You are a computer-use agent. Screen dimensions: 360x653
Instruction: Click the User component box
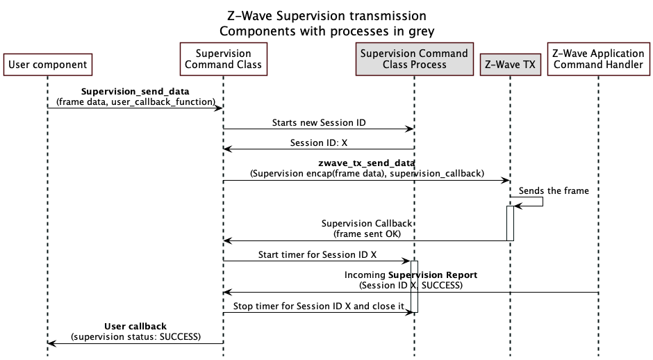(48, 65)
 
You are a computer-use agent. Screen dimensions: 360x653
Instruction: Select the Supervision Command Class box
(223, 59)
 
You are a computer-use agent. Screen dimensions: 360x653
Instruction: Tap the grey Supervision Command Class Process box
(414, 59)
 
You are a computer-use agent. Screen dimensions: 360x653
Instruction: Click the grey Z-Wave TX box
(509, 65)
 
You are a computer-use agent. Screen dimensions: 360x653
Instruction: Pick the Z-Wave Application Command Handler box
(597, 59)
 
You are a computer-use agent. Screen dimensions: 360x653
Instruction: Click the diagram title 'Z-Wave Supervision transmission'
(326, 15)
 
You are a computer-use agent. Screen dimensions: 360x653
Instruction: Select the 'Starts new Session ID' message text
(318, 123)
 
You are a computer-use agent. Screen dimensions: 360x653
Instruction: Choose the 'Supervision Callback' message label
(367, 224)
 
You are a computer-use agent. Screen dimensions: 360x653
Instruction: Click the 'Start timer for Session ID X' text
(317, 255)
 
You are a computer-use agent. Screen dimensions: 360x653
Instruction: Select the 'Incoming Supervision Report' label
(411, 275)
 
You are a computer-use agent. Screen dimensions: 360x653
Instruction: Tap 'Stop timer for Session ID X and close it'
(317, 306)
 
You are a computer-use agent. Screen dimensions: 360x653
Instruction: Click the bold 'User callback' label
(135, 326)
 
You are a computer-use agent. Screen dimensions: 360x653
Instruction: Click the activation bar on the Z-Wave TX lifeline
(510, 223)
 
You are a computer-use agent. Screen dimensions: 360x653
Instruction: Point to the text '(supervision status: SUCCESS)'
(135, 337)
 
